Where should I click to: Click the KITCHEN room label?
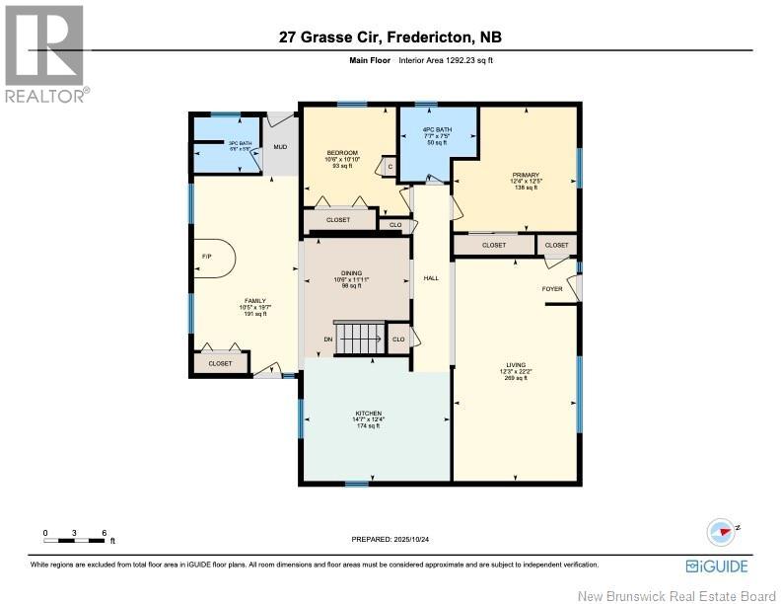pyautogui.click(x=368, y=414)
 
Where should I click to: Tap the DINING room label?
pyautogui.click(x=351, y=273)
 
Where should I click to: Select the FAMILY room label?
pyautogui.click(x=255, y=300)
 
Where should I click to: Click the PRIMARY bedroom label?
pyautogui.click(x=525, y=174)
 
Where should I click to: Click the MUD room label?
pyautogui.click(x=280, y=147)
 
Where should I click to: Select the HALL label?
pyautogui.click(x=431, y=278)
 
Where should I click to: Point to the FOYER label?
pyautogui.click(x=551, y=289)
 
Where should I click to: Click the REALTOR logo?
pyautogui.click(x=44, y=54)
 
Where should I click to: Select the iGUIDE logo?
pyautogui.click(x=717, y=566)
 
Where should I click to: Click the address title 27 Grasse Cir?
pyautogui.click(x=390, y=38)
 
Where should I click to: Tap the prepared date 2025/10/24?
pyautogui.click(x=391, y=540)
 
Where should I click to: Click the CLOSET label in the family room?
pyautogui.click(x=220, y=363)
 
